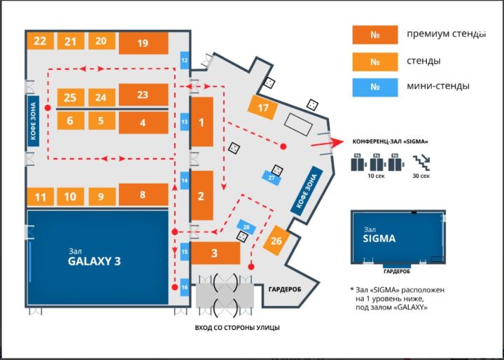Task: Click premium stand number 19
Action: click(143, 43)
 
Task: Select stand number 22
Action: click(40, 41)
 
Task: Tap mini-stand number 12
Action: click(185, 60)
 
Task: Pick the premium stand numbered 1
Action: click(202, 122)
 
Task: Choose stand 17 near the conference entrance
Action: click(263, 108)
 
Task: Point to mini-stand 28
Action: click(246, 226)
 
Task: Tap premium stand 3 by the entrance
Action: click(215, 253)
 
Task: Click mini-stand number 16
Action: click(185, 286)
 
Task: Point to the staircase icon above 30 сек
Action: click(421, 162)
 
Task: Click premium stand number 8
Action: click(143, 195)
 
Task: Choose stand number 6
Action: click(70, 120)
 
